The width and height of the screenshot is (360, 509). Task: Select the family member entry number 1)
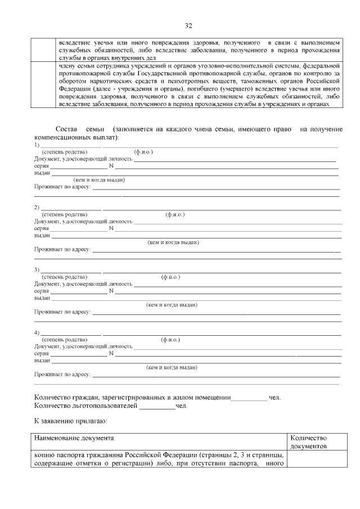pyautogui.click(x=37, y=145)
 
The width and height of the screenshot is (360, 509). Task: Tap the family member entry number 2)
pyautogui.click(x=37, y=208)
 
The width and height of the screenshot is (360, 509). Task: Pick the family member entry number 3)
pyautogui.click(x=37, y=270)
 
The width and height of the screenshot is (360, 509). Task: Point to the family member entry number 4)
pyautogui.click(x=37, y=332)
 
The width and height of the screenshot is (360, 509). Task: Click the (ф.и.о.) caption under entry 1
pyautogui.click(x=143, y=152)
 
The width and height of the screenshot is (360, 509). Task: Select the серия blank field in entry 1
pyautogui.click(x=78, y=166)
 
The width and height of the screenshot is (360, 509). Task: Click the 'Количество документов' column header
pyautogui.click(x=309, y=442)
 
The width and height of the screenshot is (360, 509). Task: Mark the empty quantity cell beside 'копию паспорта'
pyautogui.click(x=315, y=459)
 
